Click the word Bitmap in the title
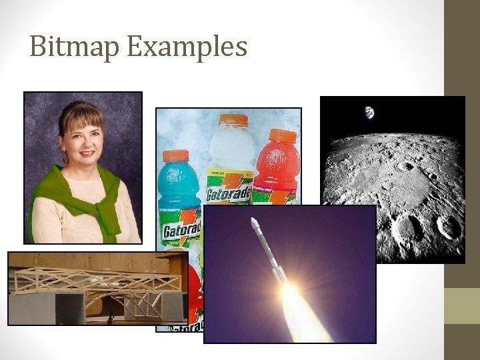tap(73, 47)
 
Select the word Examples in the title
tap(187, 47)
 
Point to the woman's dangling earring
tap(66, 159)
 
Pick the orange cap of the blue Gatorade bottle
tap(176, 156)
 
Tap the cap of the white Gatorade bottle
tap(233, 121)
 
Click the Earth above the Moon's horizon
tap(369, 113)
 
